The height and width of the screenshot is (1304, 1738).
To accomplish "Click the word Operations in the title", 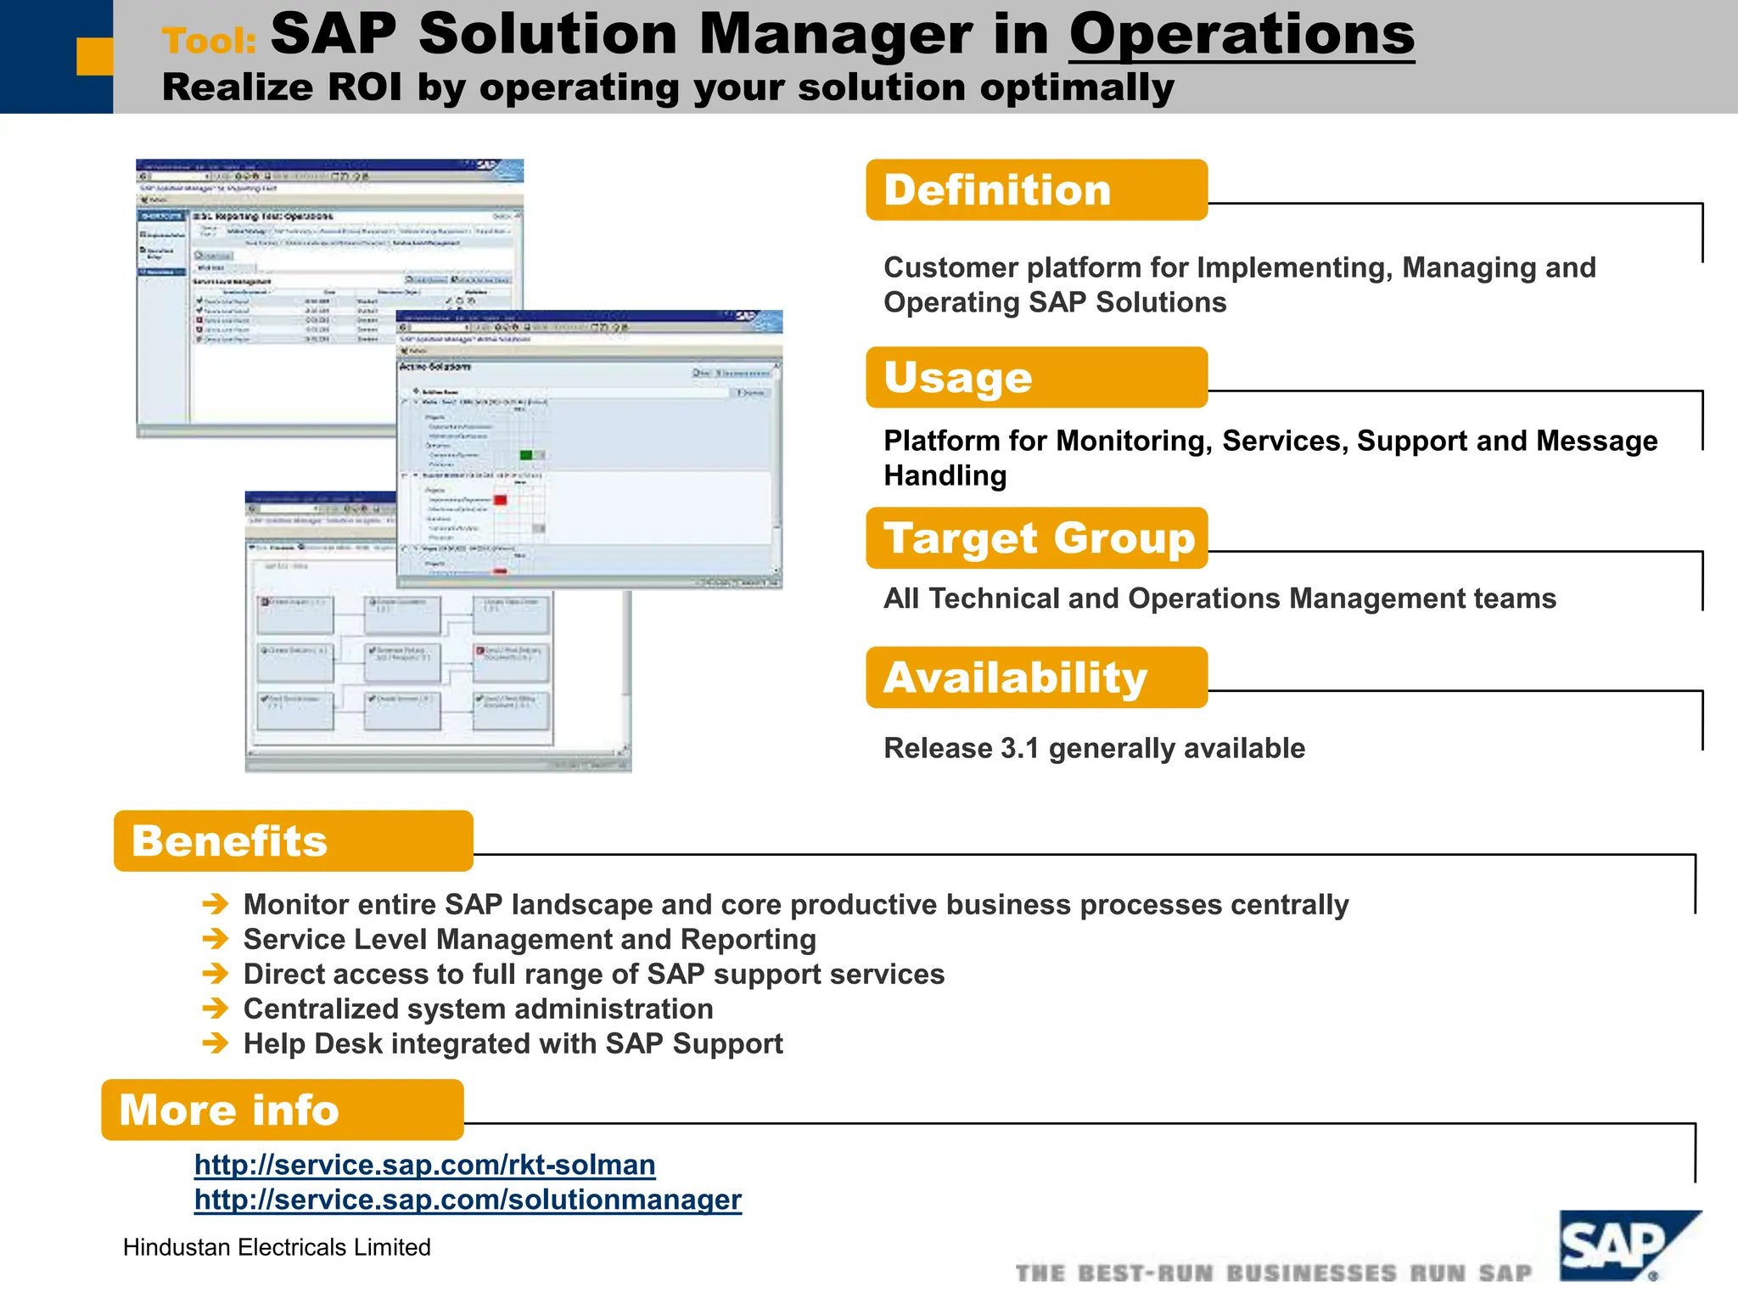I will (x=1241, y=36).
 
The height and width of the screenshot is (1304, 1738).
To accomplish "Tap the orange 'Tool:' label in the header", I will (x=209, y=41).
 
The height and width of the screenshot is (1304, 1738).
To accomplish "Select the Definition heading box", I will (x=1035, y=190).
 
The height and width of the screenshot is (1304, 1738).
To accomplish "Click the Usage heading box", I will (x=1035, y=377).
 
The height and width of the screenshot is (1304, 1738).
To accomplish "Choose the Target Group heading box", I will (x=1035, y=538).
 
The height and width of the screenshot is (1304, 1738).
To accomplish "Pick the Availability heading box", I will (x=1035, y=677).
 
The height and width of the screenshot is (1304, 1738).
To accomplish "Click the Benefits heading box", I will (x=293, y=840).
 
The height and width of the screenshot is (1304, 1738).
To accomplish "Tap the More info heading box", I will (x=282, y=1110).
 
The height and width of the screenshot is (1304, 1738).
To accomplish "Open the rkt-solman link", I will (x=424, y=1165).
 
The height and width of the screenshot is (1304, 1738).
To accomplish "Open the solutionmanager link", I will (x=468, y=1200).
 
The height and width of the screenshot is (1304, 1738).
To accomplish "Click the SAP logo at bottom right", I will (x=1627, y=1245).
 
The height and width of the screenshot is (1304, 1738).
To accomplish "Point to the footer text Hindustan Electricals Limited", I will (x=277, y=1247).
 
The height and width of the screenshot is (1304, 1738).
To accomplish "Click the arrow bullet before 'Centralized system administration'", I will (x=216, y=1009).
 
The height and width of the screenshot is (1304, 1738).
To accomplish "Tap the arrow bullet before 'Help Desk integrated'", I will (x=216, y=1043).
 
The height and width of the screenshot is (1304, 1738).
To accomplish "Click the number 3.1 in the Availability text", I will (x=1019, y=749).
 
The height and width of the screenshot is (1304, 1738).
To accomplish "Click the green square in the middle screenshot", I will (x=525, y=455).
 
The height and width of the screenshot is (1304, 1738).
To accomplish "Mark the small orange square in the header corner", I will (x=94, y=57).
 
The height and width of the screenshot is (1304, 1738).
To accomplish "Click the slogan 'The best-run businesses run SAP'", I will (x=1273, y=1273).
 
